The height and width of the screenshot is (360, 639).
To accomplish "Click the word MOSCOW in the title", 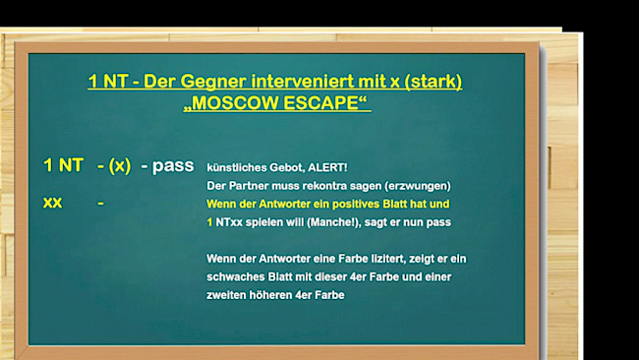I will [x=237, y=102].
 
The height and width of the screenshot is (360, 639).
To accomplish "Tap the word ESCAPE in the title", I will [x=321, y=102].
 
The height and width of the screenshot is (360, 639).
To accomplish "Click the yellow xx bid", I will [x=53, y=203].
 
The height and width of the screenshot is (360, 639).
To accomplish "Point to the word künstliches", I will [x=236, y=167].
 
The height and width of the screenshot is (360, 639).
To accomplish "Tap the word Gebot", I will [x=281, y=167].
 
